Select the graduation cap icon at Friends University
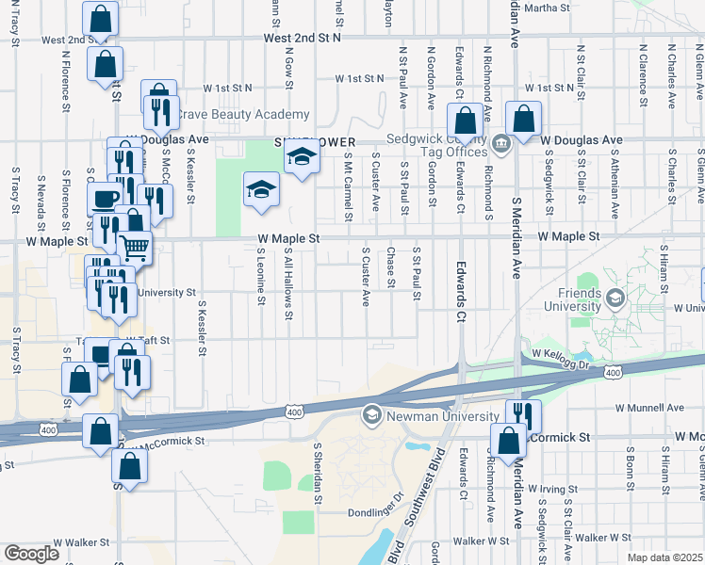pyautogui.click(x=615, y=299)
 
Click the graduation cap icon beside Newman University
pyautogui.click(x=371, y=415)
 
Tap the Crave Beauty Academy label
pyautogui.click(x=231, y=114)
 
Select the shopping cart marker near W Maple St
pyautogui.click(x=135, y=248)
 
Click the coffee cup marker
pyautogui.click(x=104, y=200)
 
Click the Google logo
pyautogui.click(x=31, y=554)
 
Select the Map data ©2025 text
pyautogui.click(x=664, y=557)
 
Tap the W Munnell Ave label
pyautogui.click(x=649, y=408)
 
